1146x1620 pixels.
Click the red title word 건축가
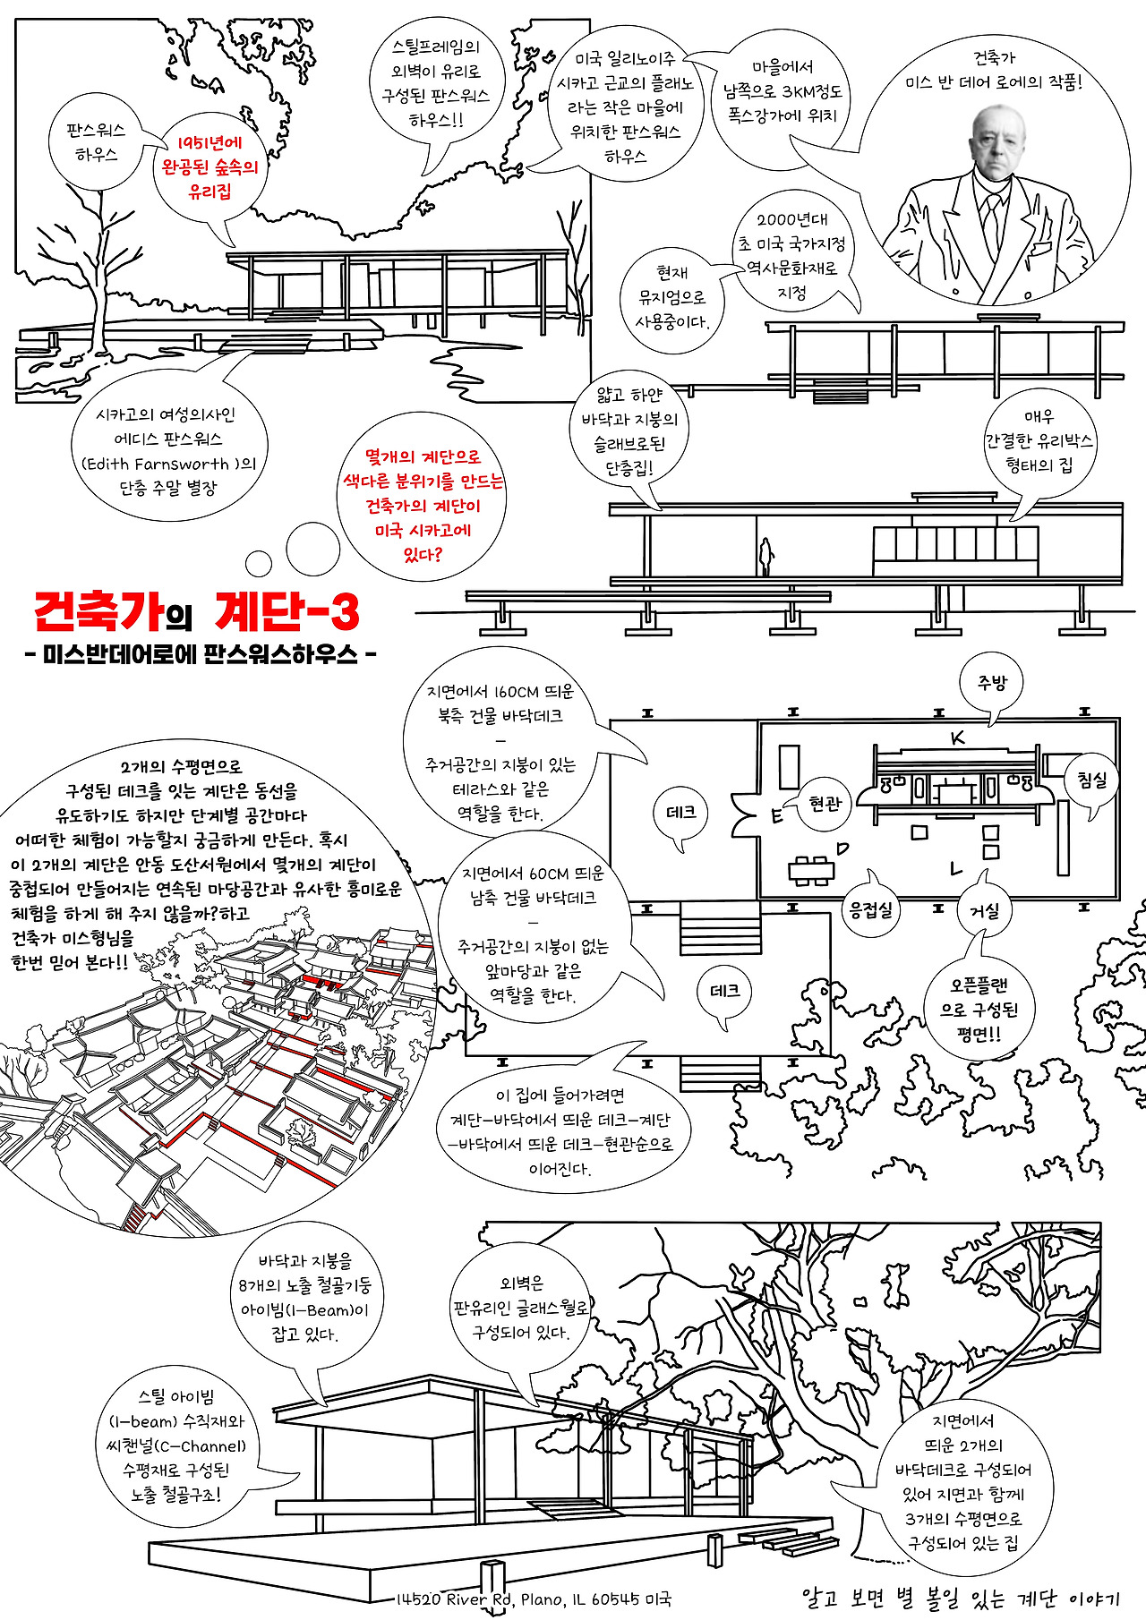click(x=99, y=612)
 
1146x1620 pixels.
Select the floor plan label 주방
click(x=992, y=683)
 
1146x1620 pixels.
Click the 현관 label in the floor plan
click(x=825, y=803)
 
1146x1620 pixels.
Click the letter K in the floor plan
click(x=958, y=738)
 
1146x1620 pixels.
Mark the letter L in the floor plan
click(x=955, y=867)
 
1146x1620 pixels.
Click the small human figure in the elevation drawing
click(x=765, y=556)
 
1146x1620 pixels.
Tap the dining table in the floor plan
click(x=811, y=870)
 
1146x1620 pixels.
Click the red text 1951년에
click(x=210, y=142)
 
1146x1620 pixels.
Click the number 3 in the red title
click(x=343, y=612)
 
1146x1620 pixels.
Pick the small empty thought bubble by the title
click(x=259, y=563)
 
